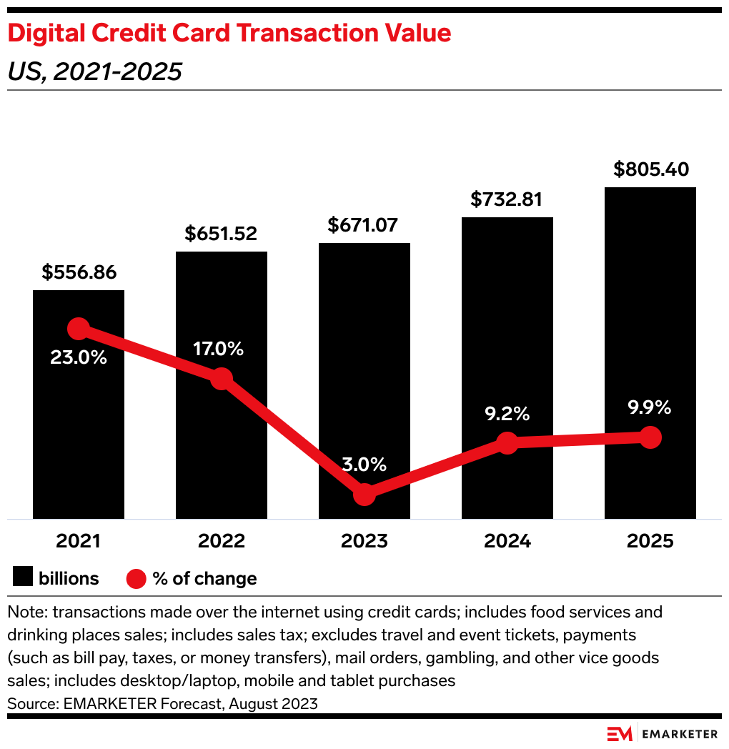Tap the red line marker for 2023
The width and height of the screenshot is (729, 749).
tap(364, 494)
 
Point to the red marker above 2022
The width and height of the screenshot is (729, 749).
tap(222, 379)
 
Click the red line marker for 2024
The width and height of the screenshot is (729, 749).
tap(507, 442)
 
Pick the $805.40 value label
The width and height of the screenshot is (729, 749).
tap(650, 169)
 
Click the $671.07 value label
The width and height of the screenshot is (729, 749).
tap(364, 225)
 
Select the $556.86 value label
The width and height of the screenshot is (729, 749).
tap(79, 272)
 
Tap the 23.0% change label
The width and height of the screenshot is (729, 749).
tap(79, 357)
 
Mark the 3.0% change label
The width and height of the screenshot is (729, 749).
tap(364, 465)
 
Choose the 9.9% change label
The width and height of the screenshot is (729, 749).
tap(650, 407)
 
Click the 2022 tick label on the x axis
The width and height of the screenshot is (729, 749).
tap(222, 541)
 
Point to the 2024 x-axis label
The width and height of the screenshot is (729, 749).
tap(507, 541)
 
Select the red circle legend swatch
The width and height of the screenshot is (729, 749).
tap(136, 578)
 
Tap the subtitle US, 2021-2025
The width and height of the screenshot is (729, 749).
tap(94, 71)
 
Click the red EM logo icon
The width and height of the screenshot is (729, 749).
tap(620, 734)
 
